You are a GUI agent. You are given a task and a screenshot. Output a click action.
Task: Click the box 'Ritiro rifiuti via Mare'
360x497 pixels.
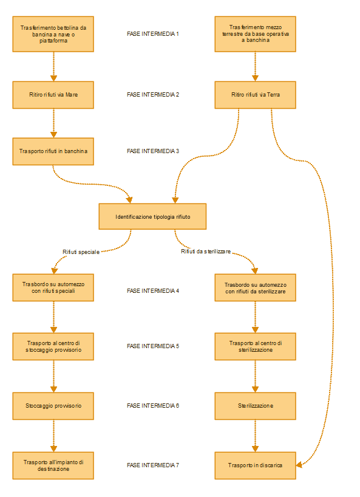53,95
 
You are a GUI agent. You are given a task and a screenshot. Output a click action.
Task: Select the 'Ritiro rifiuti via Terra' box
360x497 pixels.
255,95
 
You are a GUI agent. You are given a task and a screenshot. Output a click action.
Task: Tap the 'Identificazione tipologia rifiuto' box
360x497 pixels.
152,216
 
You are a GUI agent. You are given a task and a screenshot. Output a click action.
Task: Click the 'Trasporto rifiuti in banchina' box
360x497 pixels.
53,151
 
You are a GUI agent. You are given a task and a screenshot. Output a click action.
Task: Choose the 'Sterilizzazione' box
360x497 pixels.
255,406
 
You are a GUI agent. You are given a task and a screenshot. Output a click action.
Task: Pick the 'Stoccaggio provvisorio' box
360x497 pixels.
53,406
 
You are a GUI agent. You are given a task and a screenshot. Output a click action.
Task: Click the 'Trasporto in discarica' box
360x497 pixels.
255,465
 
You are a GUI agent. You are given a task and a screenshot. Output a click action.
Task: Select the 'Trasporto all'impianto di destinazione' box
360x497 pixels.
53,465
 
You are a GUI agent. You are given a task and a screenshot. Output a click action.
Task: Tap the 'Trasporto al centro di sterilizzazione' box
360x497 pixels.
255,346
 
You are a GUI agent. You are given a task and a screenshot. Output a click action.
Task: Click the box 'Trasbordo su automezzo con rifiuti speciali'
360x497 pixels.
53,287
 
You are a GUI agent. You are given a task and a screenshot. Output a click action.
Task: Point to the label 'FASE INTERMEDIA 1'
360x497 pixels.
153,34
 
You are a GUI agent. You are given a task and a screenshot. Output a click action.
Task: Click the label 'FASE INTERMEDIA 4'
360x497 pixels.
153,290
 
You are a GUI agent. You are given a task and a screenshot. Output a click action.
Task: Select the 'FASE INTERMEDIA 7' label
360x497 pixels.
153,465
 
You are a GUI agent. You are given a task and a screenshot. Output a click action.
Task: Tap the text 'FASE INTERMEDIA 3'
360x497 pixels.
153,151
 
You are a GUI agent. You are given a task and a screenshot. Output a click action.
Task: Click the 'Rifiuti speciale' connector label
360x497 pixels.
81,252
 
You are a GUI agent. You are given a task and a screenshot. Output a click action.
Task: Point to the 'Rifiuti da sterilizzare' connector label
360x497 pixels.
206,252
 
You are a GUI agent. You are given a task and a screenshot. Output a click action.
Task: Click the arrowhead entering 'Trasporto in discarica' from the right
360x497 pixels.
299,465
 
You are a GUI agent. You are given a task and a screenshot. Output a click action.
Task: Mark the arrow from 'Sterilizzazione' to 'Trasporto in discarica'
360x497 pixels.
255,436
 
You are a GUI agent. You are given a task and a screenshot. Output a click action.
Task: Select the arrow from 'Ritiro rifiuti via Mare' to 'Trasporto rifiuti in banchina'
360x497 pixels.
53,123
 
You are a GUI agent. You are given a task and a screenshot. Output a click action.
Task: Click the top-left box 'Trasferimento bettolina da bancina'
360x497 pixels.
53,34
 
